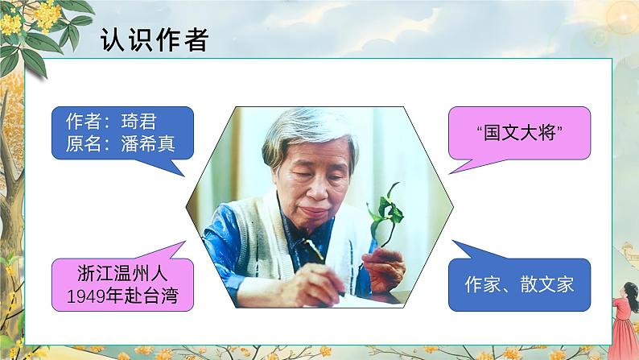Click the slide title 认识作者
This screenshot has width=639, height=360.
[x=154, y=39]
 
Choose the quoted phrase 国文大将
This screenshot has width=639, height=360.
[x=517, y=134]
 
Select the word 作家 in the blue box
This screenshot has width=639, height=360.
[x=483, y=284]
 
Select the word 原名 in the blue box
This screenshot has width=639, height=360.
[x=83, y=145]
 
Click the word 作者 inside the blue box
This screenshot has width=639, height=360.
[x=83, y=122]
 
